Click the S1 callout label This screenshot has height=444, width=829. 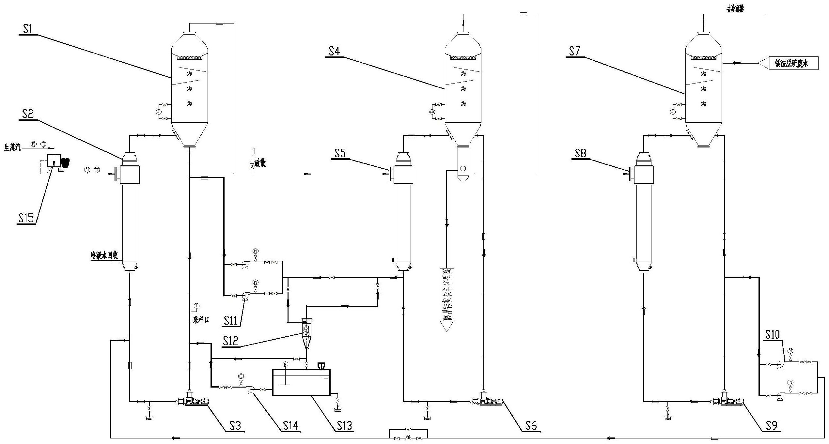(x=27, y=29)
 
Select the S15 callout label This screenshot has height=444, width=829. (x=26, y=218)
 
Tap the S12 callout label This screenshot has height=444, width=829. (x=231, y=341)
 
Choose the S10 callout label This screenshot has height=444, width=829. (x=772, y=335)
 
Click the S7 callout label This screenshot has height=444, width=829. (x=575, y=52)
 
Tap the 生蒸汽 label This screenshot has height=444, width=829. (x=12, y=148)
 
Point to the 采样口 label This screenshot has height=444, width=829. (x=200, y=320)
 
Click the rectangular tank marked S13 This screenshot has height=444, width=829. (x=301, y=382)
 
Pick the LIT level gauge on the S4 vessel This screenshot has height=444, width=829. (x=432, y=112)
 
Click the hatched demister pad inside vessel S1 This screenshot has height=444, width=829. (x=190, y=58)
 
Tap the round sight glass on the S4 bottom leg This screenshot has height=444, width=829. (x=463, y=169)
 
